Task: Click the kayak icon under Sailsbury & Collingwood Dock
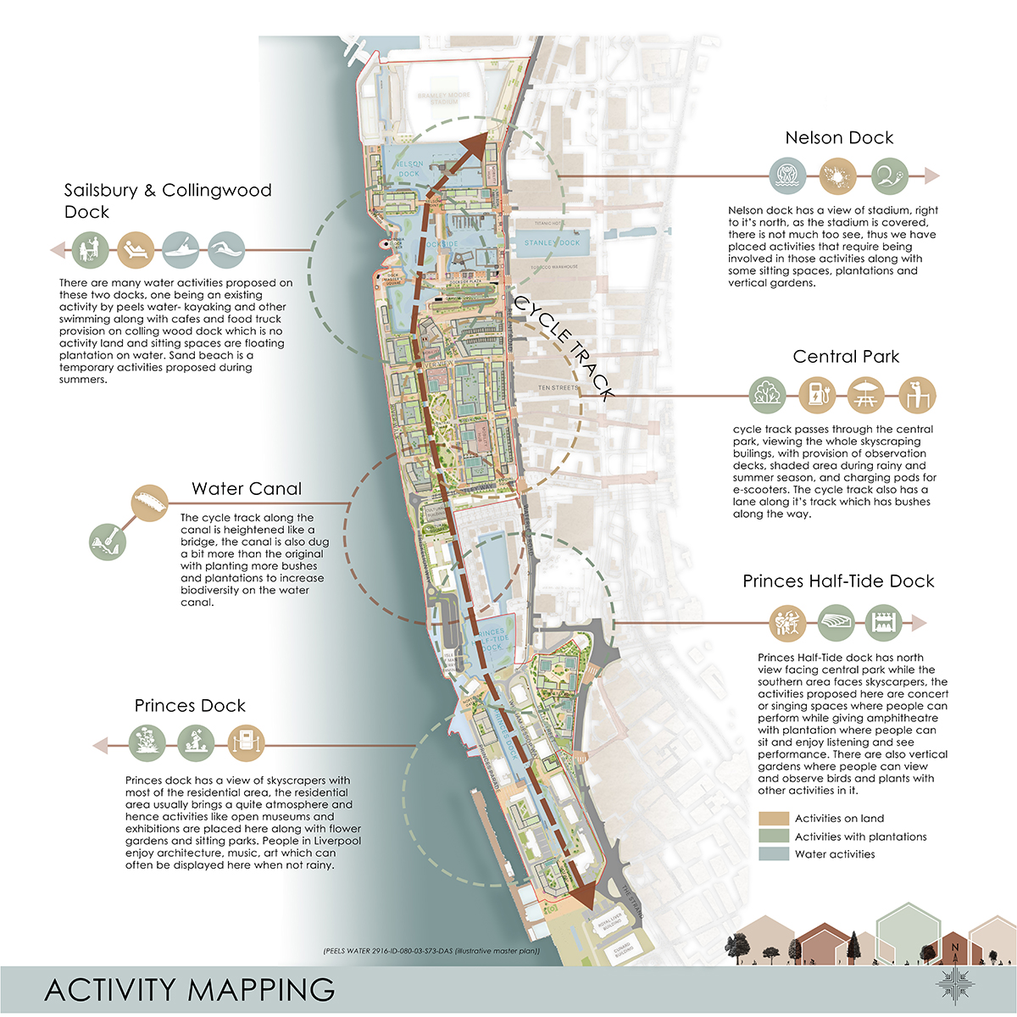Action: pos(181,251)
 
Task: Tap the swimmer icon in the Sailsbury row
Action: pos(226,251)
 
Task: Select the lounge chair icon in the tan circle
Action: pos(136,251)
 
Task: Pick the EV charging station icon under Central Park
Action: pos(817,395)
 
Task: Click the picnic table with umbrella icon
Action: pos(866,395)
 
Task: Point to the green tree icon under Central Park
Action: pos(768,395)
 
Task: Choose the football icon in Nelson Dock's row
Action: pos(889,176)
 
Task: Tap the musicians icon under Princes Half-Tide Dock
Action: pos(788,623)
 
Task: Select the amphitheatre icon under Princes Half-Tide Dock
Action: pos(836,623)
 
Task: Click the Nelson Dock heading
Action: pos(839,138)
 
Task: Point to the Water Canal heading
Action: pos(247,489)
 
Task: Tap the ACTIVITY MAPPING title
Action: pos(190,990)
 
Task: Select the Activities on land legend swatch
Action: pos(773,819)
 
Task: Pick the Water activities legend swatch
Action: pos(773,854)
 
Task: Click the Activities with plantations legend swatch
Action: pos(773,836)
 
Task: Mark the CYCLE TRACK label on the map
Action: pos(563,347)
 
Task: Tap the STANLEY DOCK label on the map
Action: pos(552,243)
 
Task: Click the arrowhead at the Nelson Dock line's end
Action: pos(931,176)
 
